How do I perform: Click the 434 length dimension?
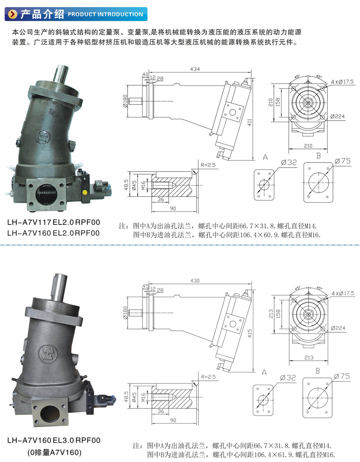coord(195,69)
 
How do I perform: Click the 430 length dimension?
coord(195,281)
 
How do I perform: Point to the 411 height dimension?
coord(250,122)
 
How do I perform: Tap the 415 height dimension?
coord(250,334)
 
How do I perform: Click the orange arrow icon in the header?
coord(13,14)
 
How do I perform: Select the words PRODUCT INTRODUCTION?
coord(105,15)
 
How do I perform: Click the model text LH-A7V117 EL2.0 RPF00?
coord(54,222)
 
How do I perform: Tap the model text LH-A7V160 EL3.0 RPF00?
coord(54,440)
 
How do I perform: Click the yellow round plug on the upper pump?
coord(85,193)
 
